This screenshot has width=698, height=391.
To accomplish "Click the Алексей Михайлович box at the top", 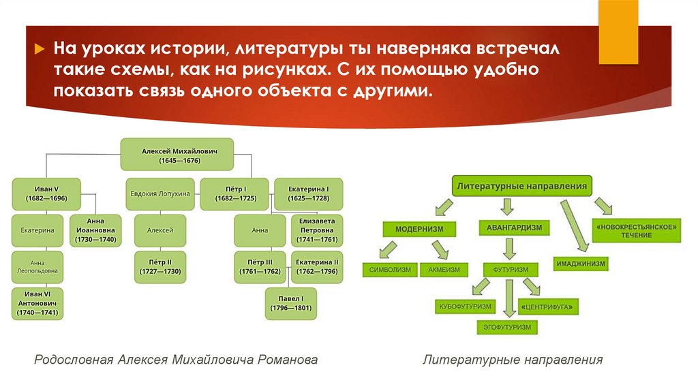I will click(x=177, y=154).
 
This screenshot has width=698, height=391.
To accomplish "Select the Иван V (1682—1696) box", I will click(x=46, y=193).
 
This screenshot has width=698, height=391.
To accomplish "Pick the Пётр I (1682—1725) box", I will click(x=235, y=193).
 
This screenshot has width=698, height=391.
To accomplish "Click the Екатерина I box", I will click(x=309, y=193).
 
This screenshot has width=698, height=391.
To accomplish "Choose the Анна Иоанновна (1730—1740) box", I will click(x=95, y=230).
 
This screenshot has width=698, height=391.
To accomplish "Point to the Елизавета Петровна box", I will click(x=317, y=230).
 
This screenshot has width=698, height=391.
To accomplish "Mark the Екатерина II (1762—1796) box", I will click(x=317, y=267).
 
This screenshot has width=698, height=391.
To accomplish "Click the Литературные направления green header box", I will click(x=522, y=186).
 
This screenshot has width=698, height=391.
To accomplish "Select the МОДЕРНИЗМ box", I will click(x=415, y=229).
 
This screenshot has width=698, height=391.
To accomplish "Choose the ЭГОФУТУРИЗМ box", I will click(x=505, y=327).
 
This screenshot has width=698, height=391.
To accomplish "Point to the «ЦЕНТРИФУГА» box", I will click(x=549, y=307).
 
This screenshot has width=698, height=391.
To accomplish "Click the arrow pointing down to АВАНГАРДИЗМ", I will click(x=506, y=207).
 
